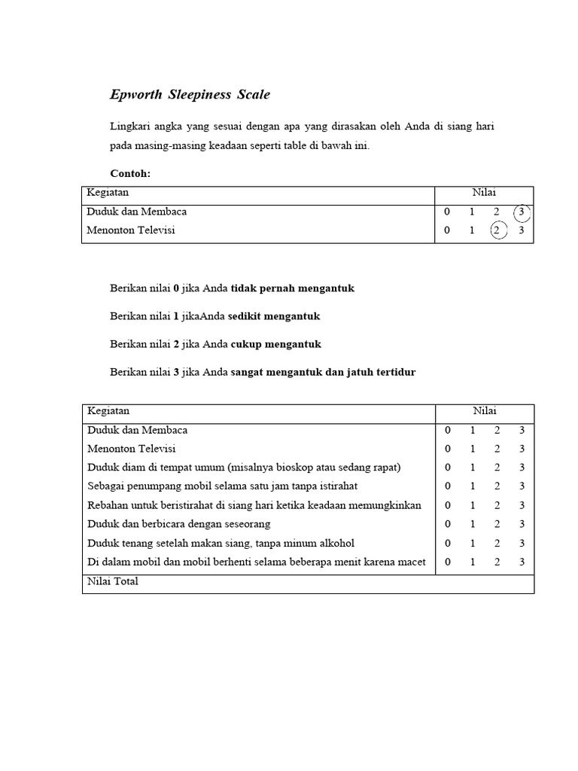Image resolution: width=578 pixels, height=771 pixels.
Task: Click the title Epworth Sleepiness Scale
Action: [190, 95]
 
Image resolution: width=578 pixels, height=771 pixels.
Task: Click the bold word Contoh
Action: [130, 174]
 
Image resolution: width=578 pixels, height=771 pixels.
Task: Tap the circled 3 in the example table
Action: [522, 212]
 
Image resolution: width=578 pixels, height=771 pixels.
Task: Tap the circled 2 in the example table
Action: [497, 230]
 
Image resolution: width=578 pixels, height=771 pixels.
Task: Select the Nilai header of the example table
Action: [484, 193]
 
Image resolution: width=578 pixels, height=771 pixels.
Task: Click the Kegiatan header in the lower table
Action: [108, 411]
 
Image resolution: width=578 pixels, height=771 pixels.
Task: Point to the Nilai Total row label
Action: [113, 581]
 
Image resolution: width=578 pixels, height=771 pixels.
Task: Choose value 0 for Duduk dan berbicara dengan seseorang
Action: [447, 524]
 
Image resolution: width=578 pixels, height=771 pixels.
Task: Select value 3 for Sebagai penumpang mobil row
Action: [522, 486]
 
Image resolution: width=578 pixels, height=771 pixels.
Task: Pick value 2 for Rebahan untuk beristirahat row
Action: [497, 505]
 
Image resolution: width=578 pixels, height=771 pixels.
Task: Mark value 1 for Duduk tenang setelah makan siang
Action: [472, 543]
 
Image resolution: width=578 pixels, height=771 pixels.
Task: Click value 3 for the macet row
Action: [522, 562]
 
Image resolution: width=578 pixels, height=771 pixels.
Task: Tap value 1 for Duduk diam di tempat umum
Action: [472, 468]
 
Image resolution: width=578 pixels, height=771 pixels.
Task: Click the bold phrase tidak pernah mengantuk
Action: [292, 288]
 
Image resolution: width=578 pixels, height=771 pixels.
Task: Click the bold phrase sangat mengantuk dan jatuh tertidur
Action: [323, 372]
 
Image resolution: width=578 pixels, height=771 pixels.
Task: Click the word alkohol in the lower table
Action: [335, 543]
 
